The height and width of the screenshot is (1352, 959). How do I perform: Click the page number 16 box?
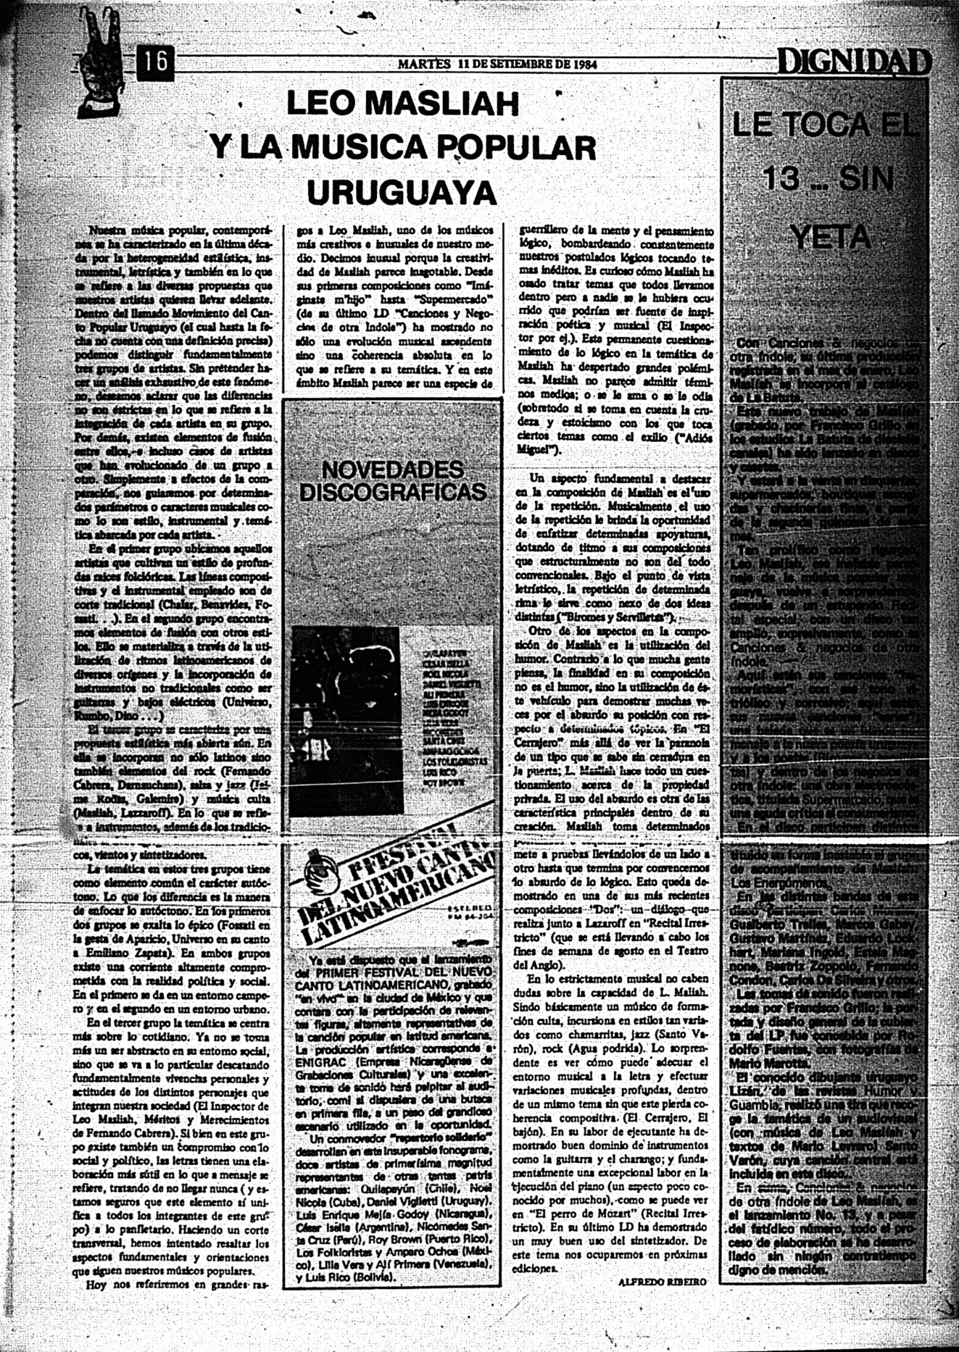pyautogui.click(x=155, y=62)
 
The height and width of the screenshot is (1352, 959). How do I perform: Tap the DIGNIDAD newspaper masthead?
pyautogui.click(x=854, y=63)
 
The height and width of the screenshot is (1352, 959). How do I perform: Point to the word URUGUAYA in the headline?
pyautogui.click(x=402, y=192)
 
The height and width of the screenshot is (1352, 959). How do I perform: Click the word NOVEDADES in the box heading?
pyautogui.click(x=392, y=469)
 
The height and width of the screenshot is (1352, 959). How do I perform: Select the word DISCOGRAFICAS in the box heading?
pyautogui.click(x=392, y=493)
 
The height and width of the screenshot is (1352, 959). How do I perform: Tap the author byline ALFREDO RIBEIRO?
pyautogui.click(x=663, y=1282)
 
